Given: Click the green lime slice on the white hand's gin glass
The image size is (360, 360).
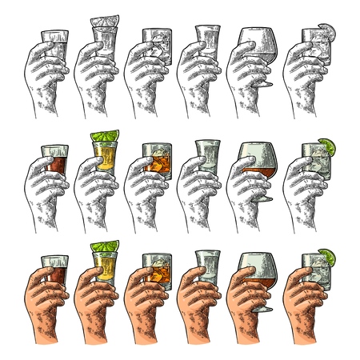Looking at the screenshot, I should coord(328,145).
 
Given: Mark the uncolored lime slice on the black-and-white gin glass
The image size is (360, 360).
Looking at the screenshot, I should coord(328,33).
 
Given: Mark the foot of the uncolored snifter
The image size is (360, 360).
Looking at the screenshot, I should coord(266,85).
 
